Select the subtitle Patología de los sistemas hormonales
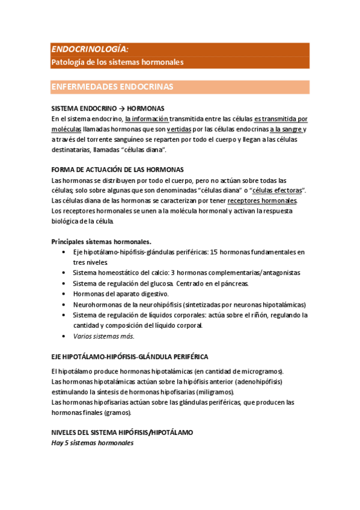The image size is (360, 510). pos(117,62)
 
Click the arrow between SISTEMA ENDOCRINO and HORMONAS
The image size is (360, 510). pos(121,109)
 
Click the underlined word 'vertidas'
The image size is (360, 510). pos(179,129)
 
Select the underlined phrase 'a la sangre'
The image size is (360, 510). pos(286,129)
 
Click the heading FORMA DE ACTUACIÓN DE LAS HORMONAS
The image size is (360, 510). pos(118,170)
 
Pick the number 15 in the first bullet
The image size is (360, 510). pos(215,252)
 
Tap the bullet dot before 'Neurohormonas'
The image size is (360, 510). pos(64,305)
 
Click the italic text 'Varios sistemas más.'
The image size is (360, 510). pos(103,336)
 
